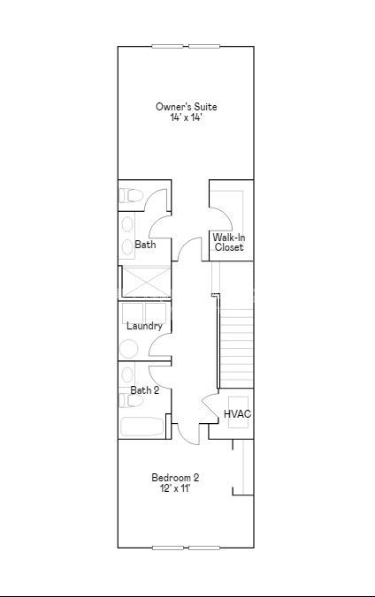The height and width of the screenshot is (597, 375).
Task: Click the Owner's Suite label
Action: coord(186,107)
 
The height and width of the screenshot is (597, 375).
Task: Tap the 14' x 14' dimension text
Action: coord(186,117)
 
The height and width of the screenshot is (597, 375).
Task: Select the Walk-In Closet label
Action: coord(229,242)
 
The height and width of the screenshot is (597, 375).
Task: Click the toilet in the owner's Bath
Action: coord(131,196)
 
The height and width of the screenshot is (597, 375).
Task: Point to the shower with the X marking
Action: coord(147,282)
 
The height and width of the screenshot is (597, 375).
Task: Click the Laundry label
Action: coord(144,326)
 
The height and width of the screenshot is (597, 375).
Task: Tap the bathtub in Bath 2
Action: coord(142,427)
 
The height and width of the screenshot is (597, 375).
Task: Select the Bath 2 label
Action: coord(145,390)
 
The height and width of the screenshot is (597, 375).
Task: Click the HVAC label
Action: coord(237,414)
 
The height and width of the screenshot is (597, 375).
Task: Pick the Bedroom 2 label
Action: coord(175,478)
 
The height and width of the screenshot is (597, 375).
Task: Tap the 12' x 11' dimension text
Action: coord(175,488)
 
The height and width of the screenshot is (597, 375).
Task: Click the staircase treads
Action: coord(236,348)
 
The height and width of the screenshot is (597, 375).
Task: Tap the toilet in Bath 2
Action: coord(131,401)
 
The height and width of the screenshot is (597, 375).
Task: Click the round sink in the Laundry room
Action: coord(128,349)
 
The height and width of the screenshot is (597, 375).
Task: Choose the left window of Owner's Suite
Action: coord(167,47)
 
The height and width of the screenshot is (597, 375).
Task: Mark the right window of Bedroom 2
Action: coord(204,548)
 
